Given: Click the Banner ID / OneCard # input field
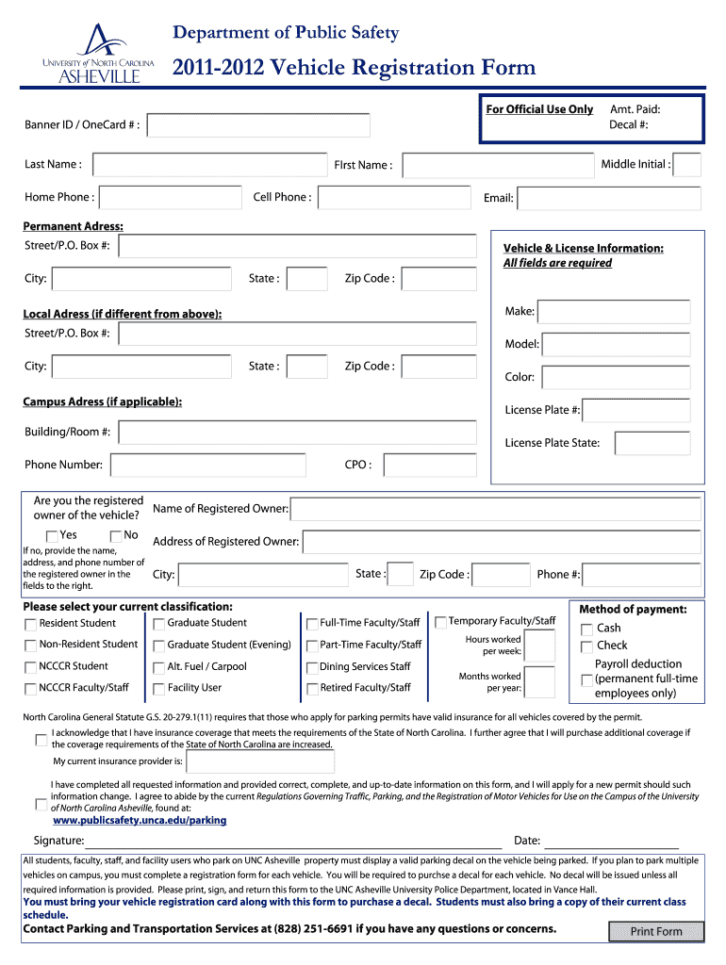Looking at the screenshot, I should coord(258,125).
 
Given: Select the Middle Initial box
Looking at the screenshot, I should coord(687,165).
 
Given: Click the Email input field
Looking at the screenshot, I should coord(610,198).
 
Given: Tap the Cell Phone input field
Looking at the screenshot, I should coord(394,198).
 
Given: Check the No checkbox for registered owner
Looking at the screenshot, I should coord(116,536).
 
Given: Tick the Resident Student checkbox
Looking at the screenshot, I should coord(31,624).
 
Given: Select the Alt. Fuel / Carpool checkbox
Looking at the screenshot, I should coord(159,667).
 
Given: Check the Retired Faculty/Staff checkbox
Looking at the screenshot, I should coord(312,689).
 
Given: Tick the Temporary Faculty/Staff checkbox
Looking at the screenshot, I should coord(440,622).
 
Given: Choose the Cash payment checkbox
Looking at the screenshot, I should coord(586,630).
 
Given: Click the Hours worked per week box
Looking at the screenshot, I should coord(539,646).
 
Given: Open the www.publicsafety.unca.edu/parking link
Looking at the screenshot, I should coord(140,821).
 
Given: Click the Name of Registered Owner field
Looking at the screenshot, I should coord(495,510).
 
